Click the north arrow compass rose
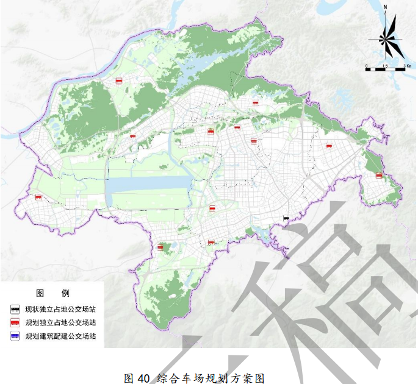386,38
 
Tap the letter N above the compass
386,7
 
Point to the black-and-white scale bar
386,69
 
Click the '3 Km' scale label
406,64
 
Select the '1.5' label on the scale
385,64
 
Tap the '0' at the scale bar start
366,64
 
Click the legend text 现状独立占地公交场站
60,309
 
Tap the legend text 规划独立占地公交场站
60,322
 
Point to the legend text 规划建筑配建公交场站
60,336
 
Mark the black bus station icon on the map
285,217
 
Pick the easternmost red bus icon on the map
378,176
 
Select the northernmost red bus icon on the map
119,80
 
